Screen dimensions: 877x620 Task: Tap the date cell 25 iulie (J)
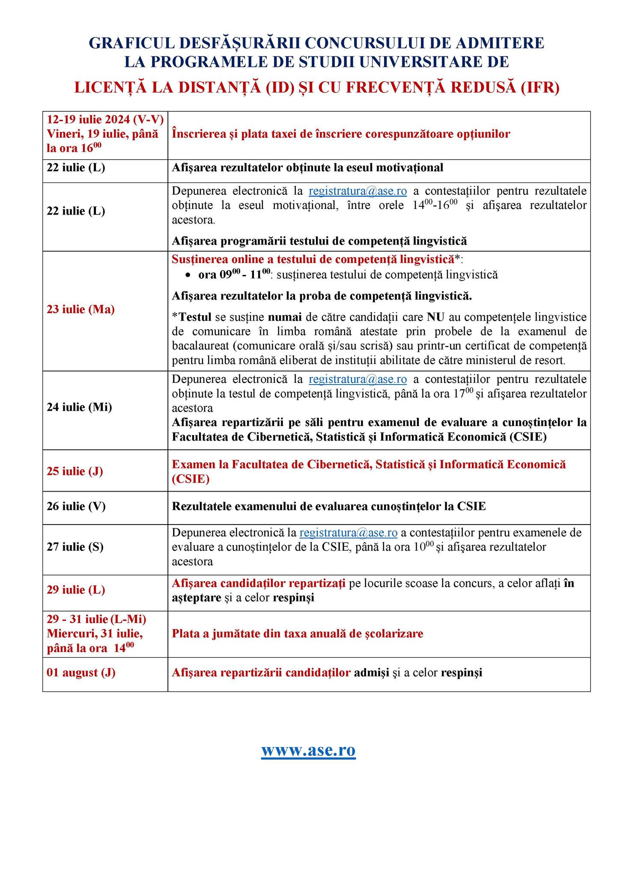tap(75, 471)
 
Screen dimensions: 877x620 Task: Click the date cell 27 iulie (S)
tap(75, 547)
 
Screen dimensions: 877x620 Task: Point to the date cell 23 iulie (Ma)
tap(80, 309)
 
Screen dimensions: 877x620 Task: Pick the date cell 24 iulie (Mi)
tap(79, 407)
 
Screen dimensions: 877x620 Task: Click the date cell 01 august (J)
tap(81, 672)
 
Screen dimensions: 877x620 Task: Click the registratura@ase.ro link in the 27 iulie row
tap(349, 533)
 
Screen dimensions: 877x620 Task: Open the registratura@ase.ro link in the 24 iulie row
tap(358, 379)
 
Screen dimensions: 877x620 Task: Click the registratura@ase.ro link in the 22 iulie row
tap(358, 191)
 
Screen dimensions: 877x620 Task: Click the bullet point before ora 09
tap(188, 275)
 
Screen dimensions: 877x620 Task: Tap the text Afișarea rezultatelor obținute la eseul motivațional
tap(307, 167)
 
